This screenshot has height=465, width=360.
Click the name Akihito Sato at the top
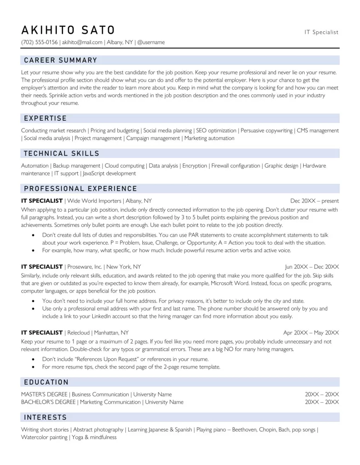click(68, 30)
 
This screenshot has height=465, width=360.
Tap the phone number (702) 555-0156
click(40, 43)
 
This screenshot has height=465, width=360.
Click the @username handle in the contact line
click(150, 43)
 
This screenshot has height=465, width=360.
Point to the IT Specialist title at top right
click(321, 32)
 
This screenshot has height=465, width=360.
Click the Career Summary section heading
click(60, 60)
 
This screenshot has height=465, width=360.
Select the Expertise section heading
click(45, 118)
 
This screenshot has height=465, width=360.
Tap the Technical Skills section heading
click(61, 153)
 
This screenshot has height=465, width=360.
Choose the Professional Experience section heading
click(80, 188)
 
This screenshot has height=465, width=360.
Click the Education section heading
click(46, 382)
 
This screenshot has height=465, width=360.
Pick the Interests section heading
click(45, 417)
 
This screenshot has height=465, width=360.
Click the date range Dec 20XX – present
click(315, 201)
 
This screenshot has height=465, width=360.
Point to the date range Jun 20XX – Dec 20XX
click(312, 267)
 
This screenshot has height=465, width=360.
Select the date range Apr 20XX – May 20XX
click(311, 333)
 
